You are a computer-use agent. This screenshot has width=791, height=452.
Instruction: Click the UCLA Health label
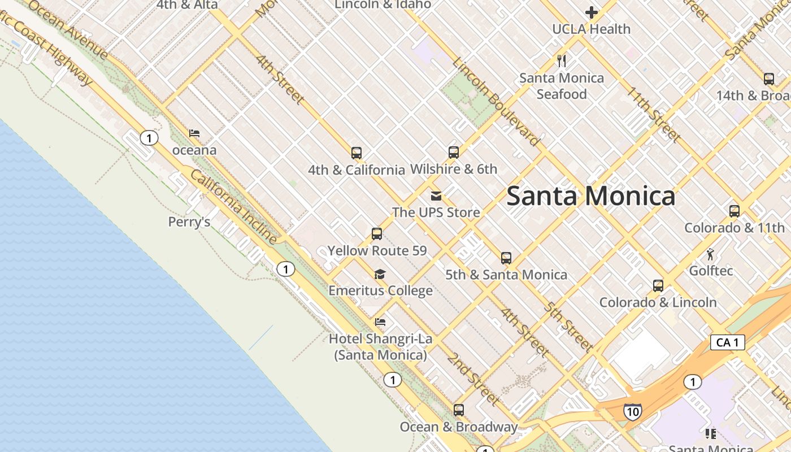[591, 29]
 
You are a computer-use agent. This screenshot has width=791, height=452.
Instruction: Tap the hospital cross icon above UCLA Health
[592, 12]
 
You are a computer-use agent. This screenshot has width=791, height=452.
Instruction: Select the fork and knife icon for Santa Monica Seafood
[562, 60]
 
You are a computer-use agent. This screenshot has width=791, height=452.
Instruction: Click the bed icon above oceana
[194, 133]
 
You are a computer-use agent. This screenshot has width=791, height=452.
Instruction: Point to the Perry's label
[189, 222]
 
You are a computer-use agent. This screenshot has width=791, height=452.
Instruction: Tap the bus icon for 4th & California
[357, 153]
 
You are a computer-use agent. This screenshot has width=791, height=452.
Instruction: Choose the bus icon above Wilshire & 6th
[454, 152]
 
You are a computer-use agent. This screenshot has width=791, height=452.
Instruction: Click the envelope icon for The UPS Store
[436, 196]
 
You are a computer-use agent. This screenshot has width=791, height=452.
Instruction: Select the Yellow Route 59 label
[377, 250]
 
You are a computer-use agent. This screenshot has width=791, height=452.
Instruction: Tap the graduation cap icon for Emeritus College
[380, 274]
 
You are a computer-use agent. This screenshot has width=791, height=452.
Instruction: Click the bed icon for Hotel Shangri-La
[380, 322]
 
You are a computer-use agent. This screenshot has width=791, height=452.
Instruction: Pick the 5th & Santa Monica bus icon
[506, 258]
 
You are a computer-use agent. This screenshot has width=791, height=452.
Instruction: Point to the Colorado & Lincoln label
[658, 302]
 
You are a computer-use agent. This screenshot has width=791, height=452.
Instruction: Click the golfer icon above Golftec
[710, 254]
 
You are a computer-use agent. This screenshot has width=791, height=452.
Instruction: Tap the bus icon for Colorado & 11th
[734, 211]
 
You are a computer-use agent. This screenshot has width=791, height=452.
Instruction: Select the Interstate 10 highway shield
[633, 411]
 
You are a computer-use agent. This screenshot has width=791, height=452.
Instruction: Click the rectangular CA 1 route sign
[727, 342]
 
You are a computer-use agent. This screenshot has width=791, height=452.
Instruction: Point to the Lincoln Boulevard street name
[496, 102]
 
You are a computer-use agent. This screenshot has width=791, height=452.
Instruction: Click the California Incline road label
[233, 206]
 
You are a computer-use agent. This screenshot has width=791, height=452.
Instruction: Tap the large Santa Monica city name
[590, 196]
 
